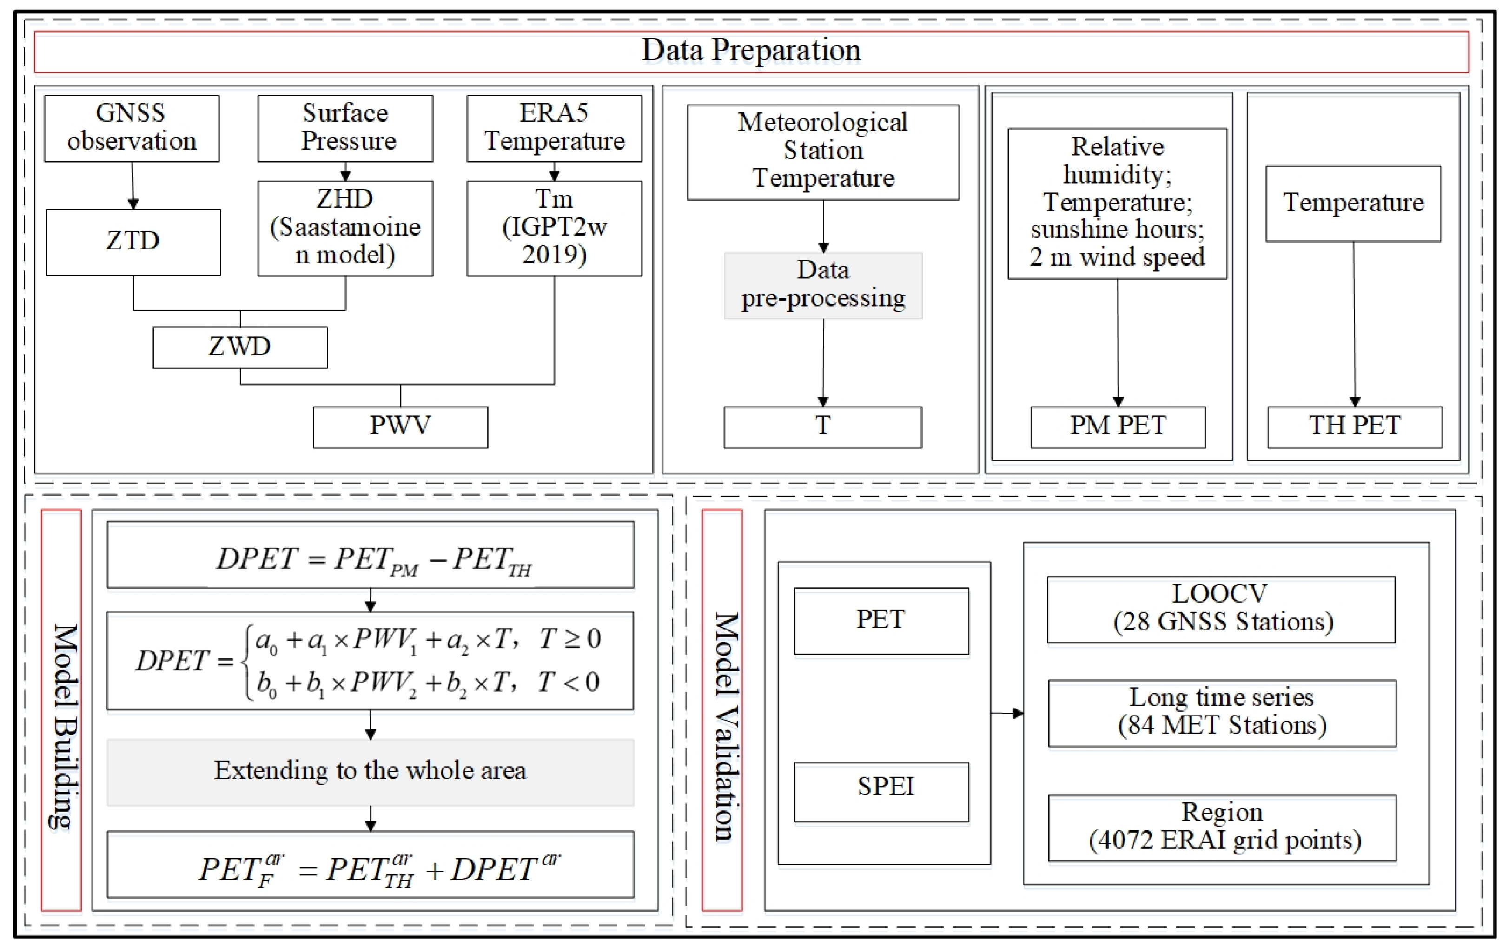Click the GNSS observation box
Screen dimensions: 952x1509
(x=132, y=128)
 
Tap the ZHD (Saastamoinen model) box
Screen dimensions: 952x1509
(x=345, y=228)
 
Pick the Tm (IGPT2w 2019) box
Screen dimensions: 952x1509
(x=554, y=228)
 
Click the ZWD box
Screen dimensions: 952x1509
(x=240, y=347)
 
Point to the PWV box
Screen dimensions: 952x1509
(x=400, y=427)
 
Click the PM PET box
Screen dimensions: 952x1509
(x=1118, y=427)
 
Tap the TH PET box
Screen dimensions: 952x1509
(x=1355, y=427)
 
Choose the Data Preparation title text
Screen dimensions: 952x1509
(x=751, y=51)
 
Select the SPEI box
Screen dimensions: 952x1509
(x=881, y=791)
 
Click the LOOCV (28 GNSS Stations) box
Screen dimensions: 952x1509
(x=1221, y=609)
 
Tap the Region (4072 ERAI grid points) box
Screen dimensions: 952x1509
(x=1222, y=827)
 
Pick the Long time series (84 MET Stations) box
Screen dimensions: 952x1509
(x=1222, y=713)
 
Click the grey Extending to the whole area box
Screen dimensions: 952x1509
(x=371, y=772)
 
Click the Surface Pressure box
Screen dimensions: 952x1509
(x=345, y=128)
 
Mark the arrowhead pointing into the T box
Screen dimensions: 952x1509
(x=823, y=401)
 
